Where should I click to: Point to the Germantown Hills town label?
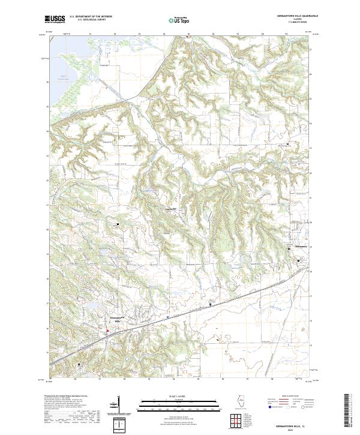pos(116,317)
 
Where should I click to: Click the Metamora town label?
pos(300,247)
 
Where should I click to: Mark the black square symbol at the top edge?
pos(188,37)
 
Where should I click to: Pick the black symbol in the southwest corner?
pos(77,364)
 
